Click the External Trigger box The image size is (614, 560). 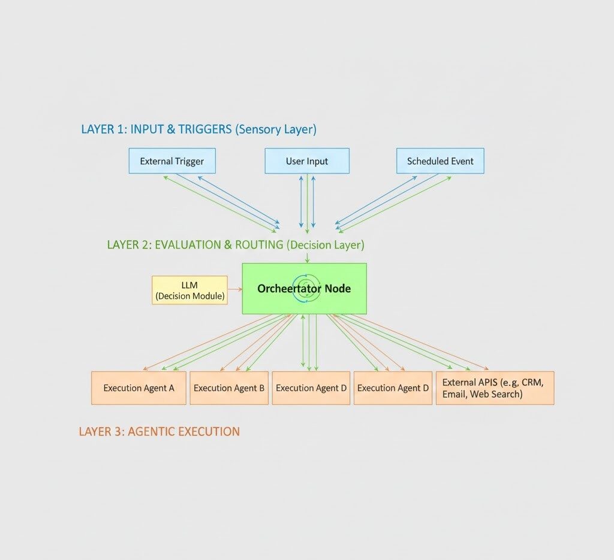(x=172, y=161)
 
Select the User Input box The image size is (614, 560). (x=306, y=161)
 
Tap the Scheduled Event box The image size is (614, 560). (x=440, y=161)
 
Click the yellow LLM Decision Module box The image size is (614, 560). (x=189, y=290)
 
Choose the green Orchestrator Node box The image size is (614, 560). (x=304, y=289)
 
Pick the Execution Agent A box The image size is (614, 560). (x=139, y=388)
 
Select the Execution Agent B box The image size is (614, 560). (x=229, y=388)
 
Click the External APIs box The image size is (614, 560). (x=495, y=388)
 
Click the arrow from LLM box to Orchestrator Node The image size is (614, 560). (x=234, y=289)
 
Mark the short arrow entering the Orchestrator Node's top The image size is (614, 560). (x=307, y=258)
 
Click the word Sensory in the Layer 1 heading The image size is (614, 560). (x=258, y=129)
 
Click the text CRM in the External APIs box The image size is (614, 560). (x=532, y=382)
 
